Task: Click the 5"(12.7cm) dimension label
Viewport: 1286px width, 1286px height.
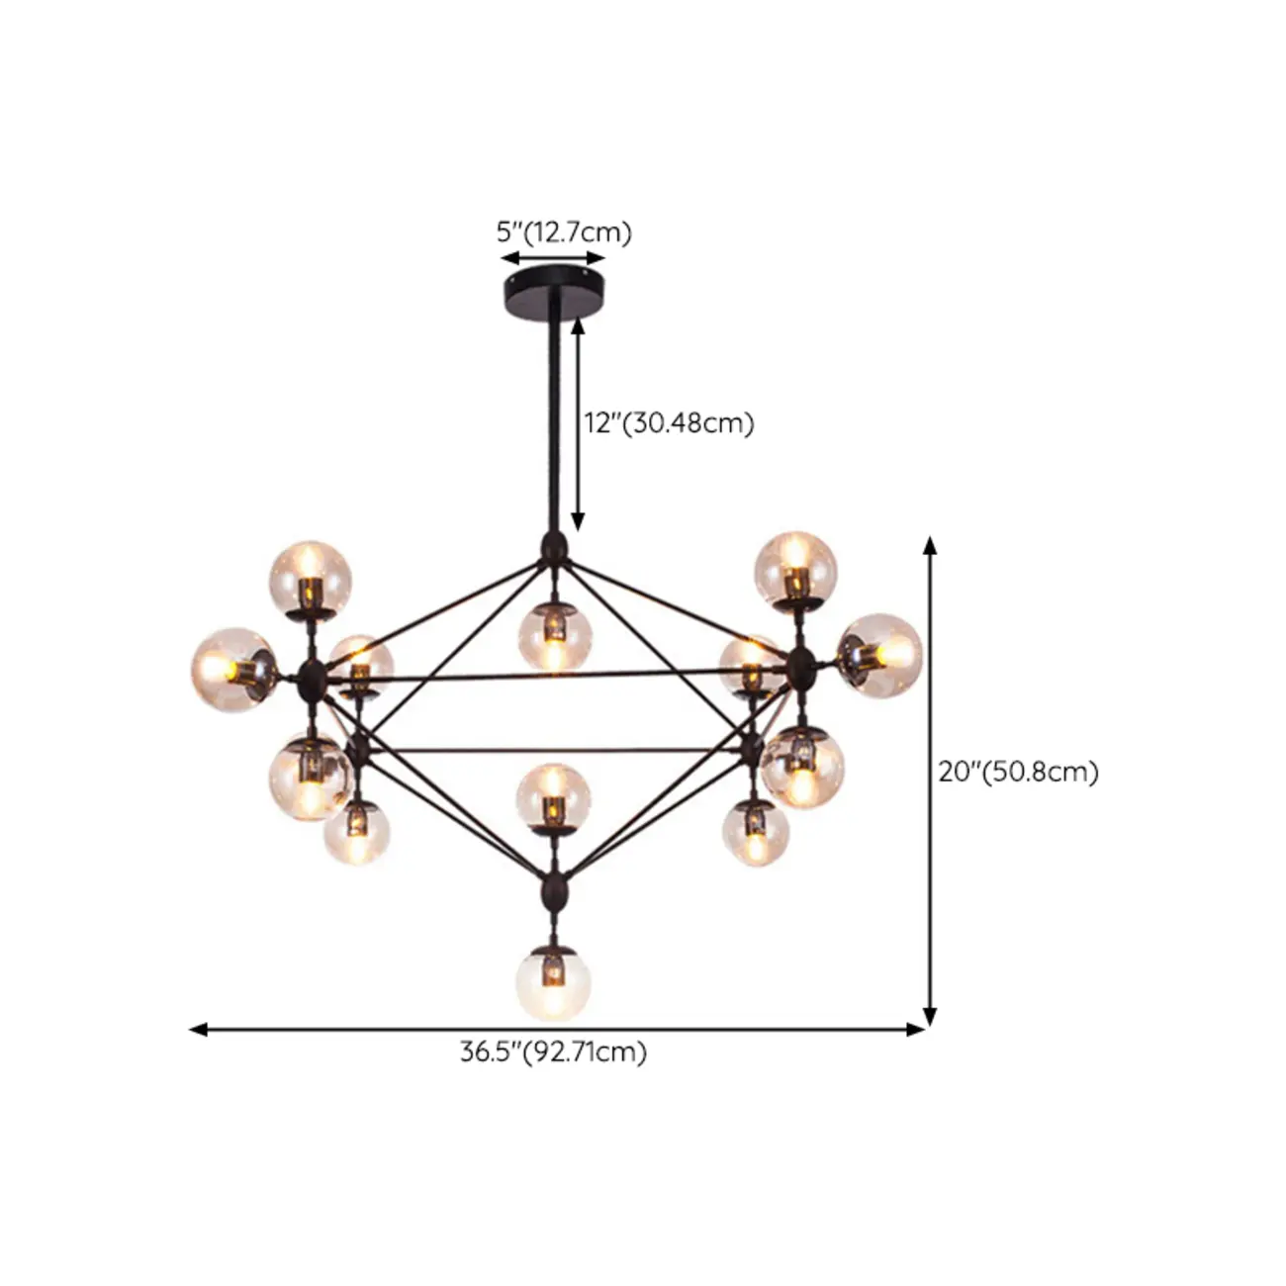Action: coord(563,233)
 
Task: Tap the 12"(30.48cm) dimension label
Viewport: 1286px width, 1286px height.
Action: coord(669,423)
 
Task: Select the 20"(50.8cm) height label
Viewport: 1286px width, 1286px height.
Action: coord(1019,772)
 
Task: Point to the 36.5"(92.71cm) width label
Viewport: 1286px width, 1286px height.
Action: coord(553,1052)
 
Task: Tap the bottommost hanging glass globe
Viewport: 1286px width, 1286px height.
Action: coord(553,983)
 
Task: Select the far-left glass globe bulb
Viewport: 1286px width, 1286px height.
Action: coord(232,666)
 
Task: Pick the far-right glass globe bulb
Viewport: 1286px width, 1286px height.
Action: coord(880,655)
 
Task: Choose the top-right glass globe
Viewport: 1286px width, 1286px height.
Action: coord(795,566)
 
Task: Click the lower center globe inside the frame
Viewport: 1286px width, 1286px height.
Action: coord(553,796)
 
